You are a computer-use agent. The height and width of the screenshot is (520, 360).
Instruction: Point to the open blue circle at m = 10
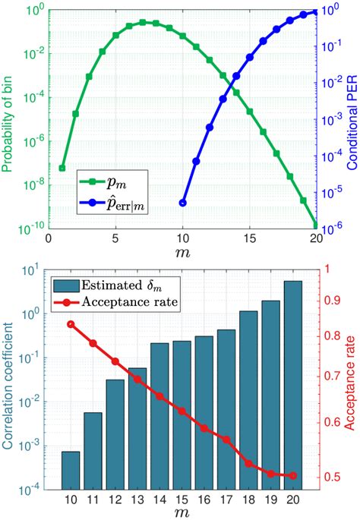pyautogui.click(x=182, y=203)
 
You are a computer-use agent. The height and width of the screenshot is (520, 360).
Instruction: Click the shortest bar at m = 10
pyautogui.click(x=71, y=472)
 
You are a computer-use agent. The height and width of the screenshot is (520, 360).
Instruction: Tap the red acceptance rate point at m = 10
pyautogui.click(x=71, y=324)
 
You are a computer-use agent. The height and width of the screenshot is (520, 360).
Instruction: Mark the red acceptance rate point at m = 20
pyautogui.click(x=292, y=476)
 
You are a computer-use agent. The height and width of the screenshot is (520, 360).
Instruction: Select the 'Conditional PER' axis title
pyautogui.click(x=352, y=121)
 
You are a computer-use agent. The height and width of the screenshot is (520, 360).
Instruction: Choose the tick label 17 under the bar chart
pyautogui.click(x=226, y=503)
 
